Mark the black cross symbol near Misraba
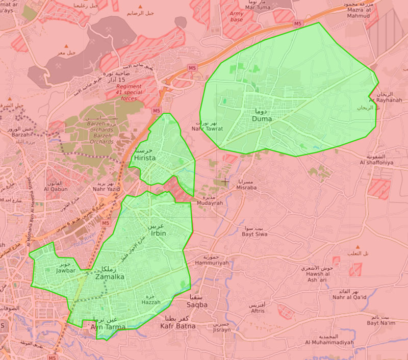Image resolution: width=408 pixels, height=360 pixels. click(x=225, y=181)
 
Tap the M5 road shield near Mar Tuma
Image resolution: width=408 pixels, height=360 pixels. click(x=297, y=23)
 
